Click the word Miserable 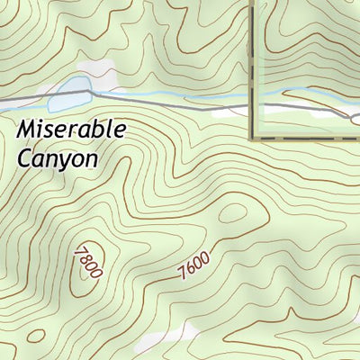click(x=71, y=131)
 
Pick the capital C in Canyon click(x=24, y=157)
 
